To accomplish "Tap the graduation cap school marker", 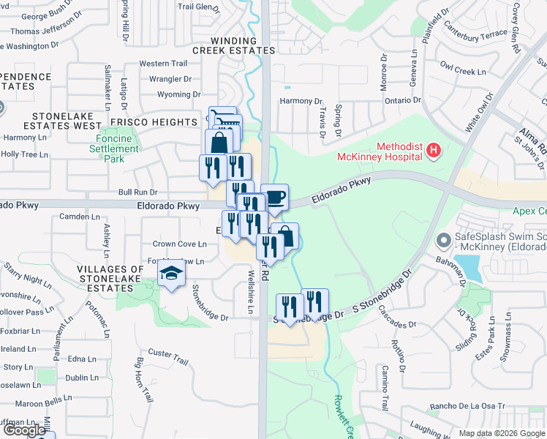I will [x=172, y=275].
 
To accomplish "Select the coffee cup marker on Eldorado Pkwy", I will [x=275, y=197].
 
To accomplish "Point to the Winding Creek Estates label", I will [x=234, y=45].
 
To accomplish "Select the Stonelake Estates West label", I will [x=62, y=121].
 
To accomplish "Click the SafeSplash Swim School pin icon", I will [x=443, y=240].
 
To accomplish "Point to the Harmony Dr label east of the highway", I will [x=301, y=101].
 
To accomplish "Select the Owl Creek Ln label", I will [x=464, y=72].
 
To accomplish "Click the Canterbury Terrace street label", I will [x=480, y=33].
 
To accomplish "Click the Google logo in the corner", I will [x=26, y=431].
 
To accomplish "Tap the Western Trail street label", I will [x=163, y=64].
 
